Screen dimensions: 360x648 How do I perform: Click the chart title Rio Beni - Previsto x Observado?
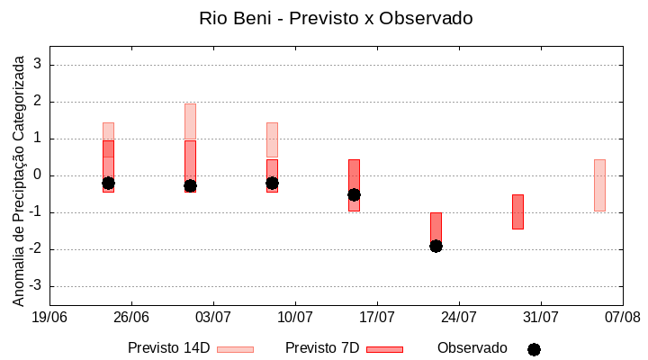pyautogui.click(x=336, y=18)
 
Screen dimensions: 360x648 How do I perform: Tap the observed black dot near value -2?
pyautogui.click(x=436, y=246)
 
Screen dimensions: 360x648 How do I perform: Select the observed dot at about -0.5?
pyautogui.click(x=354, y=194)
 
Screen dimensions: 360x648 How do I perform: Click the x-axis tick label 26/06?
pyautogui.click(x=131, y=317)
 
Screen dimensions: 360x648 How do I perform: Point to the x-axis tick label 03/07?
pyautogui.click(x=213, y=317)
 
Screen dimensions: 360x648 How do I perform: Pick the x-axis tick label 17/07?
pyautogui.click(x=377, y=317)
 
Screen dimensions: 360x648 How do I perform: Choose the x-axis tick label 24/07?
pyautogui.click(x=459, y=317)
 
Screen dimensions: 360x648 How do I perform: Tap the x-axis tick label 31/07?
pyautogui.click(x=541, y=317)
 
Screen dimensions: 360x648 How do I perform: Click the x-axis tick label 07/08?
pyautogui.click(x=622, y=317)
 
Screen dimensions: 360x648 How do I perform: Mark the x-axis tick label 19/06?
pyautogui.click(x=49, y=317)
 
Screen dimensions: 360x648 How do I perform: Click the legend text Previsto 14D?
pyautogui.click(x=169, y=348)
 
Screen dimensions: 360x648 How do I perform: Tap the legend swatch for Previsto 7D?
pyautogui.click(x=384, y=349)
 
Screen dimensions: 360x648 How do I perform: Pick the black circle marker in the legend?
pyautogui.click(x=534, y=349)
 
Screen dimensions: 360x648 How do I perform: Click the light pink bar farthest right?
pyautogui.click(x=599, y=185)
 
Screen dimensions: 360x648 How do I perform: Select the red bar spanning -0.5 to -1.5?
pyautogui.click(x=517, y=211)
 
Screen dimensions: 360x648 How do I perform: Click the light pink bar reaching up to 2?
pyautogui.click(x=190, y=121)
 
